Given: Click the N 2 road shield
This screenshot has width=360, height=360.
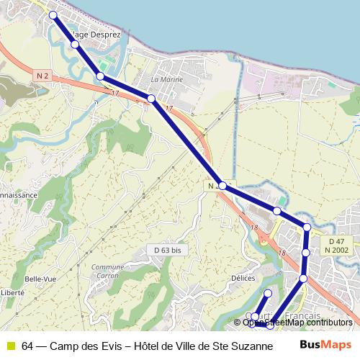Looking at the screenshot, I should click(x=41, y=75).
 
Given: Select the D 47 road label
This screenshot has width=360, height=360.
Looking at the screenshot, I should click(x=336, y=241).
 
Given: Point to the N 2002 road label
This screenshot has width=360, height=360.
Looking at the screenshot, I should click(x=336, y=250).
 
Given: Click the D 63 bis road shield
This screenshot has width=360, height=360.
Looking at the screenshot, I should click(x=167, y=250).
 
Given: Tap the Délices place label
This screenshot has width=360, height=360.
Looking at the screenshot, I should click(x=243, y=278).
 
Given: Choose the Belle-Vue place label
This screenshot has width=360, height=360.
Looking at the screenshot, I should click(x=36, y=279).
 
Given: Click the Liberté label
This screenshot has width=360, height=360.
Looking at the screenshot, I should click(x=12, y=293).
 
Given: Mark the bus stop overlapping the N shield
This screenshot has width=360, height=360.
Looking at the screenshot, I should click(x=222, y=186).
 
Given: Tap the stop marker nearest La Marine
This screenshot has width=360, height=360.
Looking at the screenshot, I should click(x=151, y=99).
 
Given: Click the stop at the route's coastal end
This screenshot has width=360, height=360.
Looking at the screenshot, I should click(x=53, y=15).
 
